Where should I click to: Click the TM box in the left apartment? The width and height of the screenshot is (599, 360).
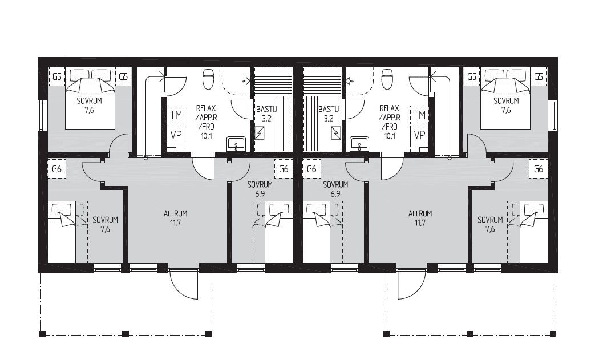(x=176, y=115)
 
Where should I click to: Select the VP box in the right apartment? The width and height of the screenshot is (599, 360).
(x=419, y=135)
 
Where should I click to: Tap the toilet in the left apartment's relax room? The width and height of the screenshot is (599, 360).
(x=209, y=79)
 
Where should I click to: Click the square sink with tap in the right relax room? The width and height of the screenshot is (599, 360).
(x=359, y=144)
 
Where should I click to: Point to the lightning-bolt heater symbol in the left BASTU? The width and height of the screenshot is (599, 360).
(x=260, y=134)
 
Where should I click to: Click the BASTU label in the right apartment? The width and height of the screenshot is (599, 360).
(x=328, y=109)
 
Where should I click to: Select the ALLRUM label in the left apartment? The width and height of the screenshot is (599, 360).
(x=175, y=213)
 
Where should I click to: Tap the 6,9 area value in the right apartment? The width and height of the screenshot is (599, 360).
(x=335, y=194)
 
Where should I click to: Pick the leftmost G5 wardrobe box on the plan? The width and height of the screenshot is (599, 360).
(x=56, y=77)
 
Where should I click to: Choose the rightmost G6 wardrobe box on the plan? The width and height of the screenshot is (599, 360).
(x=538, y=169)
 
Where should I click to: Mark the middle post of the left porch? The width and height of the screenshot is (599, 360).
(x=126, y=334)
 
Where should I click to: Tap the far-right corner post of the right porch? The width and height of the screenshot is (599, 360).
(x=553, y=334)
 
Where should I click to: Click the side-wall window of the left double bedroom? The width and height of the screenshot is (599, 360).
(x=42, y=115)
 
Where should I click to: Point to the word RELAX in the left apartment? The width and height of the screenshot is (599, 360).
(x=206, y=108)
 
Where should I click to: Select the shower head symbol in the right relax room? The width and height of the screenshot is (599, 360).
(x=349, y=80)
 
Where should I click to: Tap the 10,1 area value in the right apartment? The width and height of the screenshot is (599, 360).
(x=389, y=135)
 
